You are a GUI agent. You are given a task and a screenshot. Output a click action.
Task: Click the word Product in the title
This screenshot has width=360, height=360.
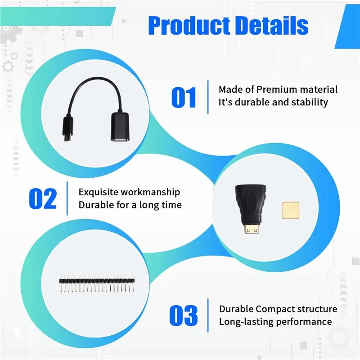pos(189,26)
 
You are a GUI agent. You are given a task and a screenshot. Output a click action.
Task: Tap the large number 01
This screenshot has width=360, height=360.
pos(184,97)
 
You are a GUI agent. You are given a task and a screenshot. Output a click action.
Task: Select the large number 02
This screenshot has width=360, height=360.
pos(43,198)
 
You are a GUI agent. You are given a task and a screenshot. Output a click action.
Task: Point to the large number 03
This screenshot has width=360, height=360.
pos(184,315)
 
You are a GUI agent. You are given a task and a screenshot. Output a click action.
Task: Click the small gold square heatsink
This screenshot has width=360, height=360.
pos(290,210)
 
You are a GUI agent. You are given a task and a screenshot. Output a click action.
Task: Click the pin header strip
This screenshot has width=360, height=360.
pos(97,283)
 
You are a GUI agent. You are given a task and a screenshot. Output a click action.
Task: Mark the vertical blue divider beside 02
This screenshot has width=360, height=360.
pos(67,198)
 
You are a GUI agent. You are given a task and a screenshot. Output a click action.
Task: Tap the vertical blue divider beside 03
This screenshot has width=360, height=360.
pos(208,315)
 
